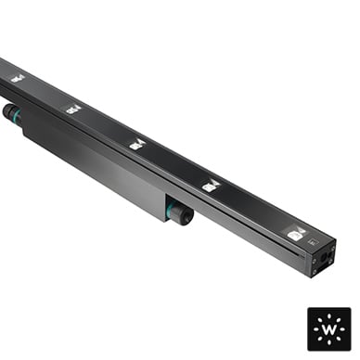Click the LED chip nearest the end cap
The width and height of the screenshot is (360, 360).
tap(295, 234)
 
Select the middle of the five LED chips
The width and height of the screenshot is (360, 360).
tap(137, 145)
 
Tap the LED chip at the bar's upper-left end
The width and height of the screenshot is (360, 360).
tap(18, 78)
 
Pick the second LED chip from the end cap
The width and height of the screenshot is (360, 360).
tap(212, 185)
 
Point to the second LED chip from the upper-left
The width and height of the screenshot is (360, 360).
tap(73, 109)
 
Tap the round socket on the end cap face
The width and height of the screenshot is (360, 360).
tap(325, 256)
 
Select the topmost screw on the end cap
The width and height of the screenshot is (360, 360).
tap(333, 249)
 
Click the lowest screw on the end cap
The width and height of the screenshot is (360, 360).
tap(315, 271)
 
